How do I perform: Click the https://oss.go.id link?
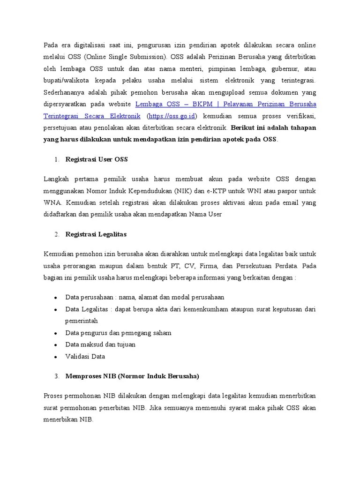pyautogui.click(x=173, y=116)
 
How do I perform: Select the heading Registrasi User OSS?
pyautogui.click(x=97, y=159)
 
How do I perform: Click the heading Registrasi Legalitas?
pyautogui.click(x=96, y=233)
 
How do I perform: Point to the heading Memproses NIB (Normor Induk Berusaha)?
pyautogui.click(x=132, y=376)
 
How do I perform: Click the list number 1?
pyautogui.click(x=56, y=159)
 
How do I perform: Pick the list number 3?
pyautogui.click(x=56, y=376)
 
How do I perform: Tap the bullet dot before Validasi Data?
pyautogui.click(x=55, y=357)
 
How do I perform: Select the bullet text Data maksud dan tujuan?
pyautogui.click(x=100, y=345)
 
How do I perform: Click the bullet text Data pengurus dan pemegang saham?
pyautogui.click(x=118, y=333)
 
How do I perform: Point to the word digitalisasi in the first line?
pyautogui.click(x=91, y=45)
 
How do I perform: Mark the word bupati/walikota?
pyautogui.click(x=66, y=80)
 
